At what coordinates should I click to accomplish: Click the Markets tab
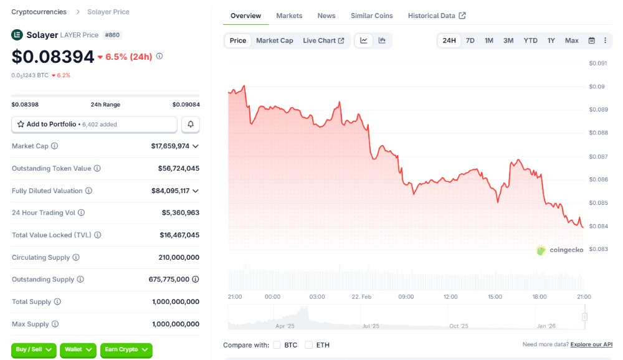(x=289, y=16)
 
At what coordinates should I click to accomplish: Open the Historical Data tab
(x=436, y=16)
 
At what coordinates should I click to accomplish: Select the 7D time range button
(x=470, y=40)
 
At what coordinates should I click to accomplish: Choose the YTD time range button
(x=530, y=40)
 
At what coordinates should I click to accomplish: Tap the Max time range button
(x=571, y=40)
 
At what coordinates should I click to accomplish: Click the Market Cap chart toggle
(x=274, y=40)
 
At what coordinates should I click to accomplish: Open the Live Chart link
(x=323, y=40)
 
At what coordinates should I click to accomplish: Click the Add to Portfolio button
(x=94, y=125)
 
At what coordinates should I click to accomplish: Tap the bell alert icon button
(x=191, y=125)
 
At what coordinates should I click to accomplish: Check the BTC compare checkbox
(x=277, y=345)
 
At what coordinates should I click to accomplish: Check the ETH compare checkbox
(x=309, y=345)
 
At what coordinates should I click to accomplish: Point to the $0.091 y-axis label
(x=598, y=63)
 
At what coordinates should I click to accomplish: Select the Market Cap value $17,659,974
(x=170, y=146)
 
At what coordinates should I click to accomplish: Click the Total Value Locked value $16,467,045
(x=179, y=235)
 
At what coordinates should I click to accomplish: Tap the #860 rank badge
(x=113, y=35)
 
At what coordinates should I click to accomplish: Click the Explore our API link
(x=591, y=344)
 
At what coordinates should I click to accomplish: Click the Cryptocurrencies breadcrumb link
(x=40, y=12)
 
